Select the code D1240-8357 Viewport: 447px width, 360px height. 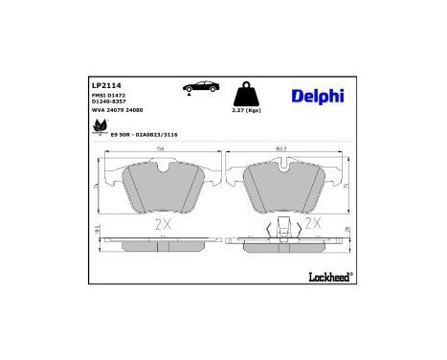click(110, 103)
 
